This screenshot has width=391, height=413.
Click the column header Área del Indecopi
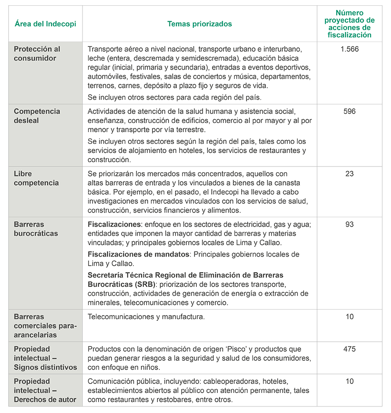(x=45, y=24)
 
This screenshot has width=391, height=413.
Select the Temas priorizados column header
(x=199, y=24)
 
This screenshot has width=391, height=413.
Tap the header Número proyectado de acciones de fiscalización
(x=350, y=24)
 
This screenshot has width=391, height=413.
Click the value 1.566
(x=350, y=49)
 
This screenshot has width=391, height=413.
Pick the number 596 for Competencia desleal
(x=350, y=111)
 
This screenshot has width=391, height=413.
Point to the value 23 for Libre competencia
(x=350, y=174)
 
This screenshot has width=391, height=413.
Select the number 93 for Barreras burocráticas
(x=350, y=224)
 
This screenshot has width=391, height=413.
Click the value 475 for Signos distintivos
(x=350, y=349)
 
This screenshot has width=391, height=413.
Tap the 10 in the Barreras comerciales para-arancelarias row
(x=350, y=317)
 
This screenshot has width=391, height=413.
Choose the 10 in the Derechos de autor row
(x=350, y=381)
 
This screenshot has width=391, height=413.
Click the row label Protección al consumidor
(x=37, y=53)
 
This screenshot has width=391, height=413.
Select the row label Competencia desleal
(x=37, y=116)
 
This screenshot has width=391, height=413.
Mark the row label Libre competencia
(x=36, y=178)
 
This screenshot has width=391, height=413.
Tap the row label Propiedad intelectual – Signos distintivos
(x=45, y=358)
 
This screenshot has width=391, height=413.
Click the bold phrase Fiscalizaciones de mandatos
(x=139, y=254)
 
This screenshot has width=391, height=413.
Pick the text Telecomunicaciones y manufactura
(x=146, y=317)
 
